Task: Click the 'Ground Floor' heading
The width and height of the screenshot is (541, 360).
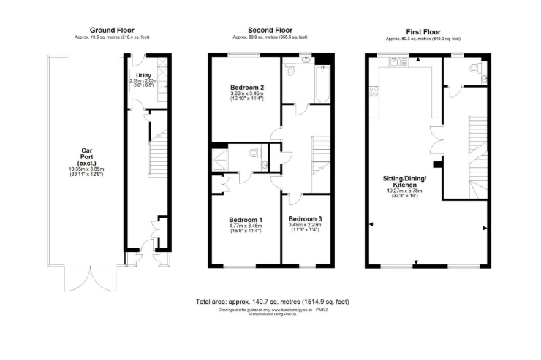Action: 110,30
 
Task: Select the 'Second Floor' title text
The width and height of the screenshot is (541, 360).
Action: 270,30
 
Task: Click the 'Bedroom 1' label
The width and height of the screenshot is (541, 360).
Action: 246,220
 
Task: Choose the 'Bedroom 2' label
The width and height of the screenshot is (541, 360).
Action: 246,88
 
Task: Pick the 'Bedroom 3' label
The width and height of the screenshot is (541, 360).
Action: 305,219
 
